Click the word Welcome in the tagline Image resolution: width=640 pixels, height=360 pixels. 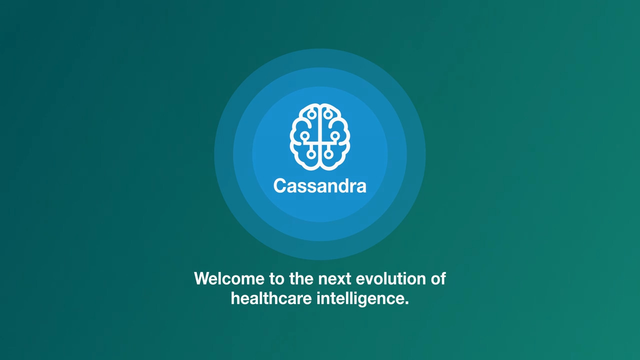click(229, 278)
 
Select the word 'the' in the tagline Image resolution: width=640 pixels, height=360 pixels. click(301, 278)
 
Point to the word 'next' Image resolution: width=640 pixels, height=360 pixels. click(334, 279)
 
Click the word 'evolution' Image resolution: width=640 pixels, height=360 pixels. click(390, 278)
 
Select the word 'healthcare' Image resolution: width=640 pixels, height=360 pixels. click(271, 298)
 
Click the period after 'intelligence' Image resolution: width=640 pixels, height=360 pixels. click(406, 303)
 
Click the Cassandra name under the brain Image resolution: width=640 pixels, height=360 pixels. click(319, 185)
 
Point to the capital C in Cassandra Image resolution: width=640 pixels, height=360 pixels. click(280, 185)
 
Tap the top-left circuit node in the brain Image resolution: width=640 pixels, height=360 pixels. click(311, 114)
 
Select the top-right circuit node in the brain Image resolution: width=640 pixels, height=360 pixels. click(328, 114)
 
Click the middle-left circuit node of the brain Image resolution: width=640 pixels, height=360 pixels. click(305, 135)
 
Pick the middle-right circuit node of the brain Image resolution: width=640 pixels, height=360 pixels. click(335, 135)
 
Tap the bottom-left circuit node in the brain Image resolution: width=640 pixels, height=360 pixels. click(311, 154)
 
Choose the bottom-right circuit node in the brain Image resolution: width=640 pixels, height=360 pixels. click(328, 154)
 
